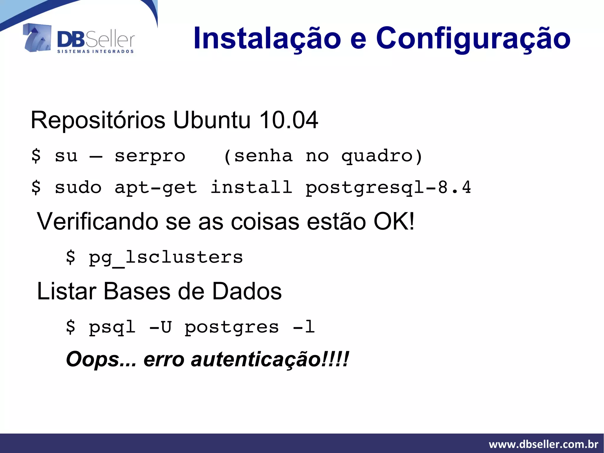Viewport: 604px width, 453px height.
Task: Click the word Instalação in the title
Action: pyautogui.click(x=267, y=38)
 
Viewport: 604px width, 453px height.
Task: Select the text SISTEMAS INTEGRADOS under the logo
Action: pyautogui.click(x=96, y=52)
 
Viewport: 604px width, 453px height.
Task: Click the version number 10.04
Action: pyautogui.click(x=288, y=120)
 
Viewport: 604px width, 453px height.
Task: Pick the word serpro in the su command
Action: pyautogui.click(x=150, y=156)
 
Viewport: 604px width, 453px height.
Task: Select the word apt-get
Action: pyautogui.click(x=155, y=187)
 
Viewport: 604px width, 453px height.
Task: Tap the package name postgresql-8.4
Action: pyautogui.click(x=388, y=187)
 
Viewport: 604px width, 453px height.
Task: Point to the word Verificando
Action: pyautogui.click(x=97, y=221)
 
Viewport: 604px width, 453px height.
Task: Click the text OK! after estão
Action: pyautogui.click(x=394, y=221)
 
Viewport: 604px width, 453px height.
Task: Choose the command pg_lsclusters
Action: pyautogui.click(x=166, y=257)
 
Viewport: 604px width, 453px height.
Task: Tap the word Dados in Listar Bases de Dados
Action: pyautogui.click(x=247, y=291)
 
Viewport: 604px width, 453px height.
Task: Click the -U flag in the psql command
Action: pyautogui.click(x=161, y=327)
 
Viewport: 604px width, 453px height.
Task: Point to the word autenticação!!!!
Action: pyautogui.click(x=270, y=359)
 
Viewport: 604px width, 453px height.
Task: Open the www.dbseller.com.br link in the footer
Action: pyautogui.click(x=543, y=444)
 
